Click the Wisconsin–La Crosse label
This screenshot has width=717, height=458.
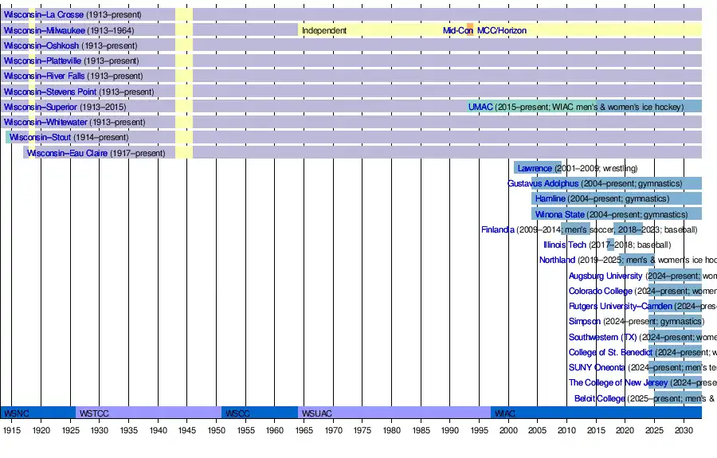[x=43, y=15]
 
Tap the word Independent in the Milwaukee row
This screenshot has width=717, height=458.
[x=323, y=30]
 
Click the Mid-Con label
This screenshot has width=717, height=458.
[x=457, y=30]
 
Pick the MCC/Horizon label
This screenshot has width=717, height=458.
[x=501, y=30]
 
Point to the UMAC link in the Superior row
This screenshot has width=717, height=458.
[x=480, y=107]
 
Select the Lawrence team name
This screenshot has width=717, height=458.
[x=534, y=168]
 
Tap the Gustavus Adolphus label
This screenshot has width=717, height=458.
[x=543, y=183]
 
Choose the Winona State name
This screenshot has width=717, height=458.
[x=559, y=214]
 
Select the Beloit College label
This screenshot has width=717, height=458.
[x=599, y=398]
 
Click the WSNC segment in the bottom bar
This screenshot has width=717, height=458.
[x=16, y=413]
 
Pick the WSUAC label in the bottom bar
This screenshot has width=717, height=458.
[x=316, y=413]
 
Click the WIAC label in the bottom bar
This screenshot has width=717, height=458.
[x=504, y=413]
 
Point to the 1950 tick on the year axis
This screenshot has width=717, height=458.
[x=216, y=430]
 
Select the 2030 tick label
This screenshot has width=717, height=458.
[x=683, y=430]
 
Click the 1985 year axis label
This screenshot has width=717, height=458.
[x=420, y=430]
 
